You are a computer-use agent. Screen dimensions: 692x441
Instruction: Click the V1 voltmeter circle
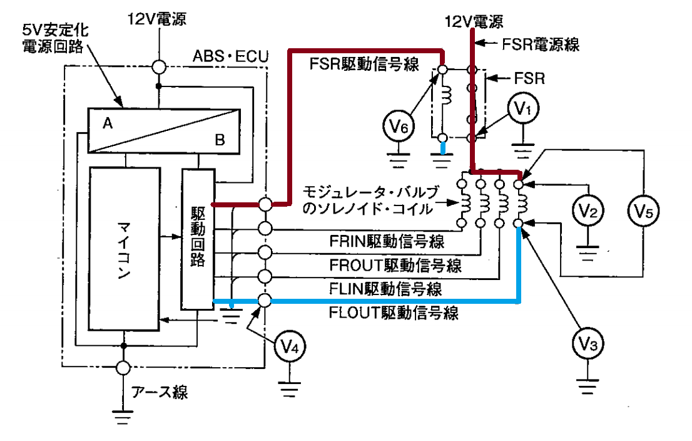tap(523, 109)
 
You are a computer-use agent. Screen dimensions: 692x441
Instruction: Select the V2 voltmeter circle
tap(588, 210)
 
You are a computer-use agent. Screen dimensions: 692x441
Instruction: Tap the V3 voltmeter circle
tap(588, 343)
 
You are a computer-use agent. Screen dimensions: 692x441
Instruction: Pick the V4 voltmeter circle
tap(290, 346)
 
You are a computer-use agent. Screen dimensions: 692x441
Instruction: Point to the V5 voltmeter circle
tap(643, 211)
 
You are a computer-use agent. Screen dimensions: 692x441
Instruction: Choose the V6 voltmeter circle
tap(399, 127)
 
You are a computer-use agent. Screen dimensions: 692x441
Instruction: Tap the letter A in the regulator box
tap(108, 123)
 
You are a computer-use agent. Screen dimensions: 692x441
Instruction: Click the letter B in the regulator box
tap(220, 140)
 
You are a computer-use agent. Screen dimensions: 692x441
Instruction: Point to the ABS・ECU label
tap(230, 56)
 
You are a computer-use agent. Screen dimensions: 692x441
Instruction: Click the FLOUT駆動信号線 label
tap(394, 313)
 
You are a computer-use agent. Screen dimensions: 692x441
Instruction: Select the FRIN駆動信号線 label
tap(387, 241)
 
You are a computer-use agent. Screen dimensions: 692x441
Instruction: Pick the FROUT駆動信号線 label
tap(395, 265)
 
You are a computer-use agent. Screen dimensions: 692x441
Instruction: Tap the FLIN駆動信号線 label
tap(385, 289)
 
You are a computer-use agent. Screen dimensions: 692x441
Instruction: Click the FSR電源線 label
tap(541, 44)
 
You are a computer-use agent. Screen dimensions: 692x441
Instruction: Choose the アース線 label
tap(160, 392)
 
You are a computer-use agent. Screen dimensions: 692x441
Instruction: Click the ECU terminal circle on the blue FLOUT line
tap(265, 301)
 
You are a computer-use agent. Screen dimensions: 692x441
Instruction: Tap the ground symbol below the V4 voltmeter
tap(290, 389)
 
